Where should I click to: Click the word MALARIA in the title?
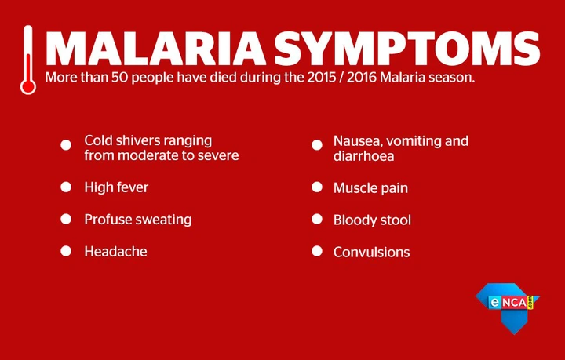[x=155, y=49]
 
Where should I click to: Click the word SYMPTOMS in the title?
[x=407, y=49]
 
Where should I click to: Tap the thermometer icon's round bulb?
[x=28, y=87]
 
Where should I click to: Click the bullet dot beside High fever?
[x=66, y=187]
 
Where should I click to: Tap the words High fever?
[x=116, y=187]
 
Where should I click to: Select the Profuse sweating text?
[x=138, y=220]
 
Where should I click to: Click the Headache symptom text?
[x=115, y=252]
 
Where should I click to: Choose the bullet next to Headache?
[x=66, y=251]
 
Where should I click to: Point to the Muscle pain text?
[x=370, y=188]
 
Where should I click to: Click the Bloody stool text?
[x=372, y=220]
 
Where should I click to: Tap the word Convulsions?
[x=371, y=253]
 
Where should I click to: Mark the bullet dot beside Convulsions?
[x=317, y=251]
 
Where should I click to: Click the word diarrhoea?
[x=363, y=156]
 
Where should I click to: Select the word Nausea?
[x=358, y=141]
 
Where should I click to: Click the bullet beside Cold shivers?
[x=66, y=145]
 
